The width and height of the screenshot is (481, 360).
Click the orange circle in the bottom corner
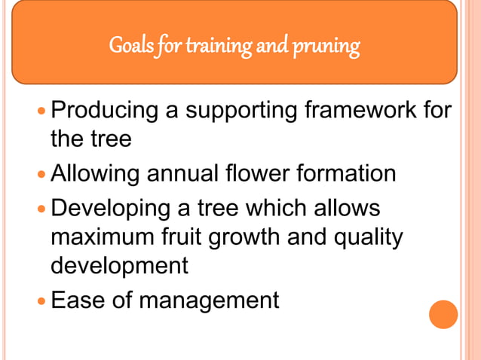click(443, 314)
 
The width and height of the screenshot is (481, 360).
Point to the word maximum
click(104, 237)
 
